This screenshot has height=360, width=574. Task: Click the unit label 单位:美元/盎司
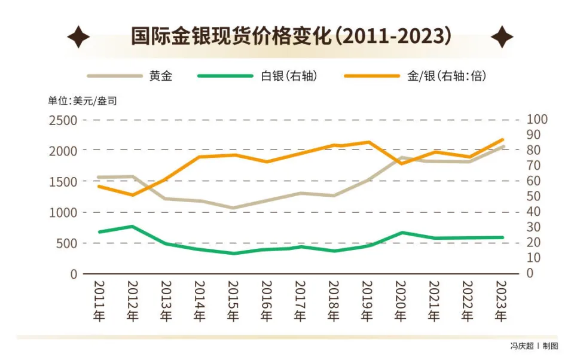point(83,100)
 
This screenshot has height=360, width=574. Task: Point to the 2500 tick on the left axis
point(63,120)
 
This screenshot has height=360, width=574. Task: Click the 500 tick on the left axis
point(66,243)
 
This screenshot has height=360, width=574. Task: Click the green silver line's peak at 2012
point(132,226)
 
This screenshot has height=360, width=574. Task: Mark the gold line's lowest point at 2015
point(233,208)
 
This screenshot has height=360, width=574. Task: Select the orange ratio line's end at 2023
point(502,139)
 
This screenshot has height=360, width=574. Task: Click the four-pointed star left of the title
point(78,37)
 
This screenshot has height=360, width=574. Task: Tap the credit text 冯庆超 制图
point(533,346)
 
